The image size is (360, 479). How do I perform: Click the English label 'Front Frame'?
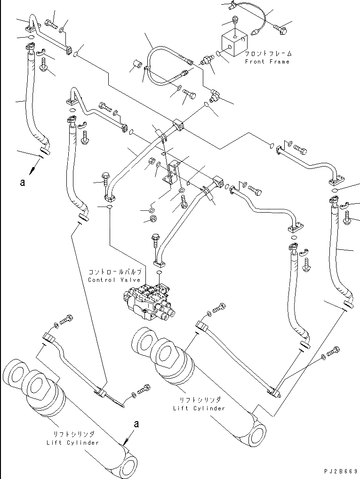coord(267,62)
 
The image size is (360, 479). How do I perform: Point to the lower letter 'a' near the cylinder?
coord(136,424)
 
